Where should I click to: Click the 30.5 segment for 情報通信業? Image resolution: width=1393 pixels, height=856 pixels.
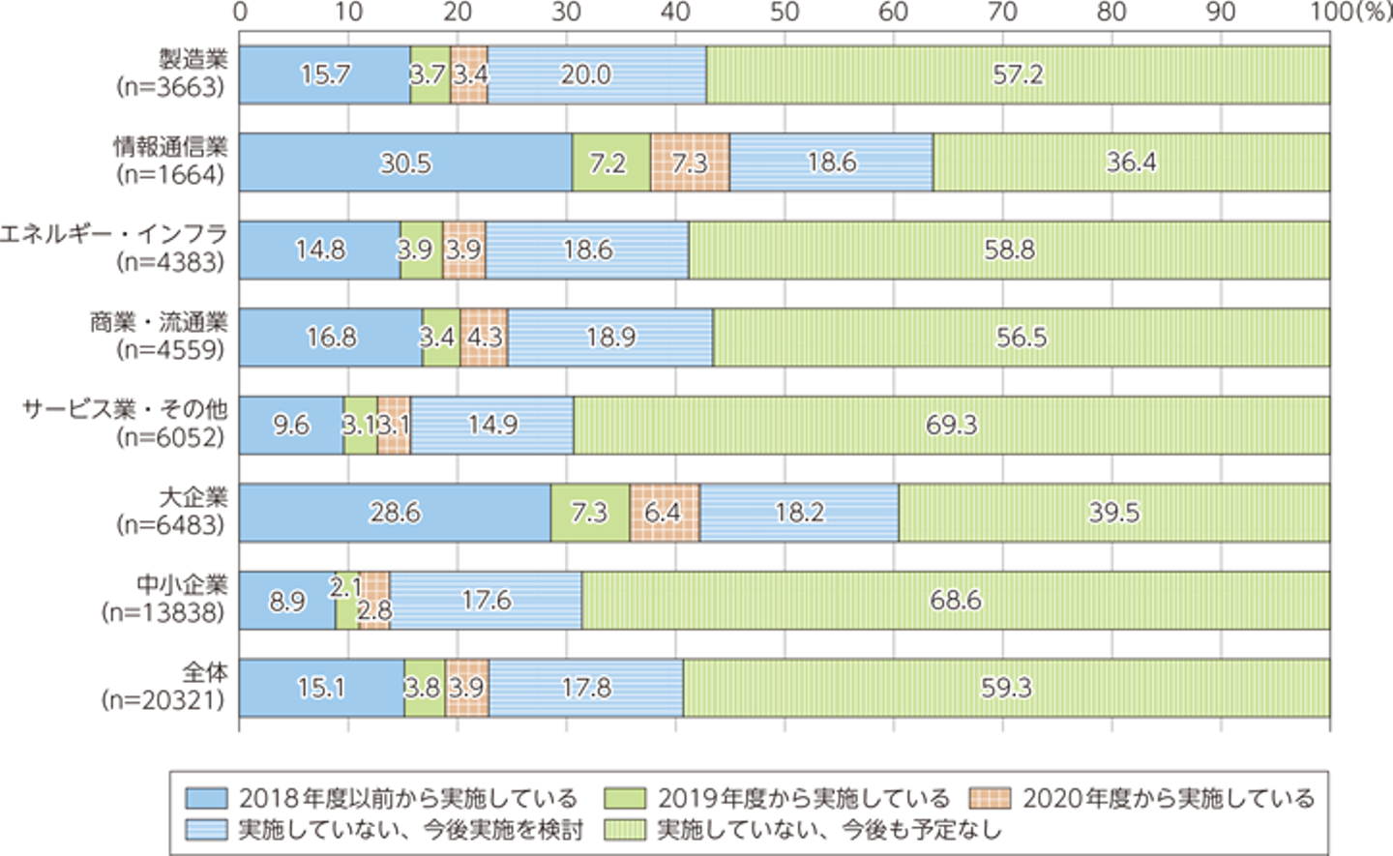pos(405,162)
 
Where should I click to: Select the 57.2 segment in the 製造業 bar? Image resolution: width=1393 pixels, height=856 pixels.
pos(1018,74)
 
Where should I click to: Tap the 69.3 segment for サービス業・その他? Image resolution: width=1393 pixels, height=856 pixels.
pos(952,425)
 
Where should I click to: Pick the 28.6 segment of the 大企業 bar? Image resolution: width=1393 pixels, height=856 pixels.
pos(395,512)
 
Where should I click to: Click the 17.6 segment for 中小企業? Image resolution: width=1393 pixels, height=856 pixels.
pos(486,600)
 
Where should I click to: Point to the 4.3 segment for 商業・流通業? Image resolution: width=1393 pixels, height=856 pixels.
pos(484,338)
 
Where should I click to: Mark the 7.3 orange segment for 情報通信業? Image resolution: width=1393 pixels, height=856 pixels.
pos(690,162)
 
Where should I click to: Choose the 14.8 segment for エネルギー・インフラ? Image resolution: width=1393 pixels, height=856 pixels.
pos(320,250)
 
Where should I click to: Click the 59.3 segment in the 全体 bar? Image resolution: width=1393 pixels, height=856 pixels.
pos(1006,688)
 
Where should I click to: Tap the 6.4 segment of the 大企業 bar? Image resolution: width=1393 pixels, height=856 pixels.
pos(664,512)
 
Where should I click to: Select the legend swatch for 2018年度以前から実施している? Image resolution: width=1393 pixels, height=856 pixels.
pos(206,799)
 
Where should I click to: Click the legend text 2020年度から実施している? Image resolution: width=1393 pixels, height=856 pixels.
pos(1169,799)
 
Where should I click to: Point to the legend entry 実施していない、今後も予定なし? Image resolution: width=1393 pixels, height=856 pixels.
pos(828,830)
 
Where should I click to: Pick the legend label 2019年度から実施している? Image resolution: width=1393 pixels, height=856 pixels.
pos(804,799)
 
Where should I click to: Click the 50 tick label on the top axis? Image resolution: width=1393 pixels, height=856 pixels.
pos(785,13)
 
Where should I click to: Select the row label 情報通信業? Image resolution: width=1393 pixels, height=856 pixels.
pos(170,147)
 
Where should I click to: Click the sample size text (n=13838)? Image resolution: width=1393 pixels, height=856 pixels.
pos(163,613)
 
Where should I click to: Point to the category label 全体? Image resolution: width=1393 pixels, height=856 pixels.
pos(205,671)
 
